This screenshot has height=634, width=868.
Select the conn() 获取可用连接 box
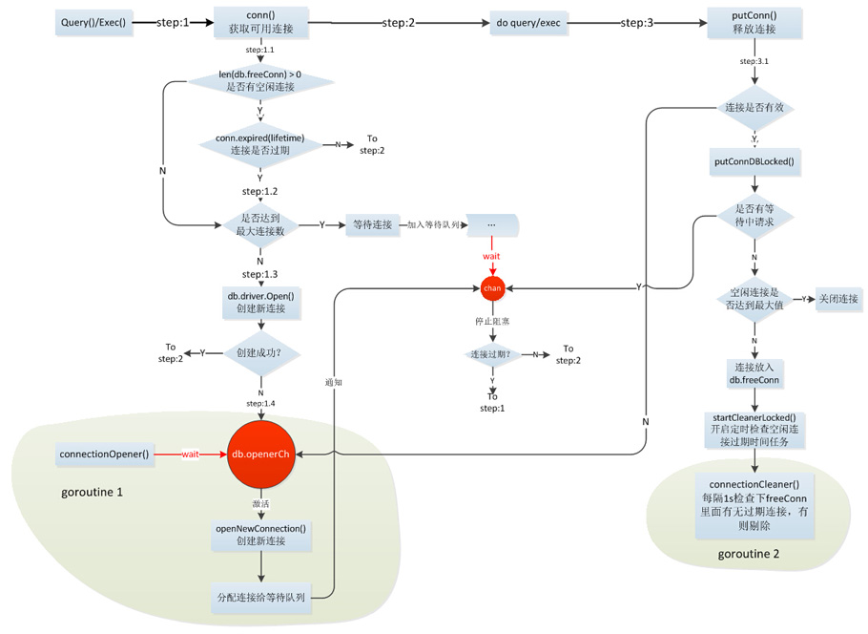pyautogui.click(x=260, y=21)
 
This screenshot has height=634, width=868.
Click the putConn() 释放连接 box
pyautogui.click(x=754, y=21)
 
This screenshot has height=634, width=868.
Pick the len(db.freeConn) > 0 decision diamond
pyautogui.click(x=260, y=80)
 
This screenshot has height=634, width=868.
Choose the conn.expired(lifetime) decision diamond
pyautogui.click(x=259, y=144)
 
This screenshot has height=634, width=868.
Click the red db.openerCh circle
pyautogui.click(x=260, y=454)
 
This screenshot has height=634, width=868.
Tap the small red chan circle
pyautogui.click(x=492, y=287)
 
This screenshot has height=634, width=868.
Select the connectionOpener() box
pyautogui.click(x=104, y=454)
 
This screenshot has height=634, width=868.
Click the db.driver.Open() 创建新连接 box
pyautogui.click(x=260, y=302)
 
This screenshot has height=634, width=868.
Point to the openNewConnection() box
pyautogui.click(x=260, y=536)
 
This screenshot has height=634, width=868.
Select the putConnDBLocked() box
pyautogui.click(x=754, y=161)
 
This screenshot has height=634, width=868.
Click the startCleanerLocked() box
pyautogui.click(x=754, y=431)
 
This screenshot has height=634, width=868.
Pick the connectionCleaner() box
pyautogui.click(x=754, y=506)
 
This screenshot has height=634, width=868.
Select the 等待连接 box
pyautogui.click(x=372, y=224)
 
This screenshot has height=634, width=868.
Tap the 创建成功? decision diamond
pyautogui.click(x=260, y=353)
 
